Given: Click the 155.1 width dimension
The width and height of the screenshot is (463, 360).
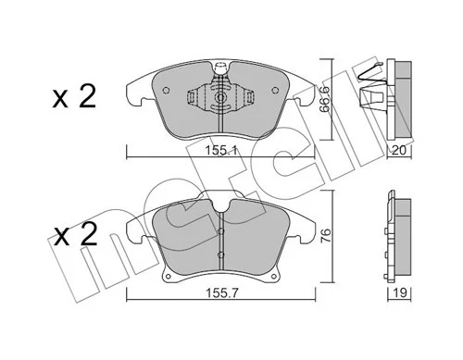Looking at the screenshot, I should [220, 147].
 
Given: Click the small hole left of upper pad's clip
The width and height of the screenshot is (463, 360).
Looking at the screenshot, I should [166, 90].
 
